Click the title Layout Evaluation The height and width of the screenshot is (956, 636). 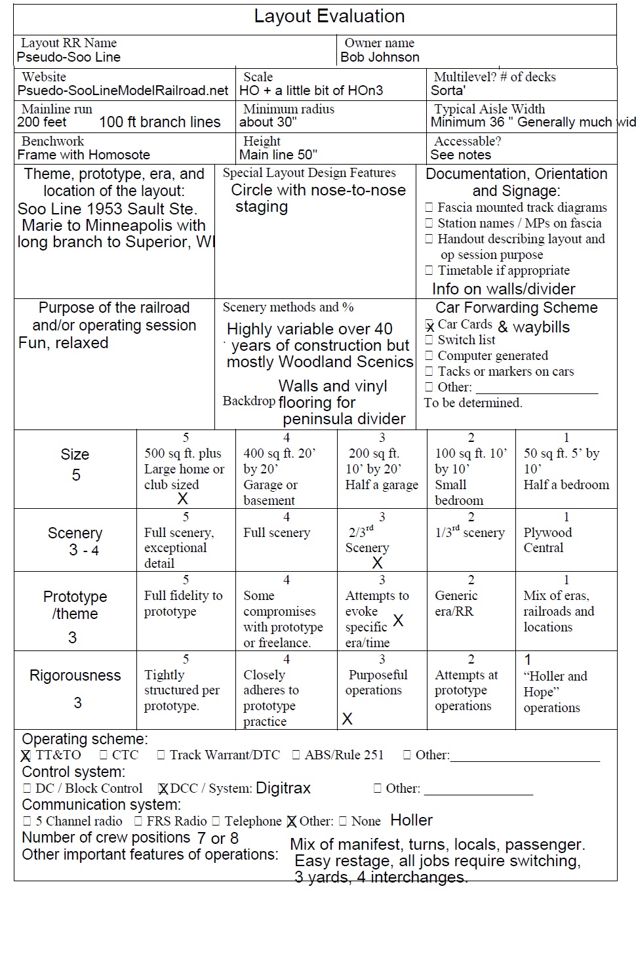[x=329, y=16]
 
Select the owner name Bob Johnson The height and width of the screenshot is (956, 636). [x=380, y=57]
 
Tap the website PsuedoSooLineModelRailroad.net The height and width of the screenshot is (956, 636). [x=123, y=90]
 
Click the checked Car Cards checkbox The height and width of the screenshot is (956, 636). [x=429, y=325]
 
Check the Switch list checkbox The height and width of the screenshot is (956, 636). [x=429, y=340]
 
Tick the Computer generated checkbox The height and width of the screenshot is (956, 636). [x=429, y=355]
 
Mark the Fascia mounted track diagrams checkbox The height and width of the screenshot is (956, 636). [x=429, y=207]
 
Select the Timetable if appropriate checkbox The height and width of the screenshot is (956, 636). [x=429, y=270]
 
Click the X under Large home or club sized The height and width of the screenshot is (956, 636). [x=183, y=498]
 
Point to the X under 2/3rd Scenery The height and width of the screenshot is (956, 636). [x=377, y=563]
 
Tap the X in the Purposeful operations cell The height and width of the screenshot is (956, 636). [x=348, y=719]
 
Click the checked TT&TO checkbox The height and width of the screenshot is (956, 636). [x=26, y=755]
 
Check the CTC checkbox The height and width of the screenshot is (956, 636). [x=104, y=755]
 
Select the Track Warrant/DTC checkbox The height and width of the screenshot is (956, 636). [x=161, y=755]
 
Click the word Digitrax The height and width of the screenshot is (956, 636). [x=283, y=788]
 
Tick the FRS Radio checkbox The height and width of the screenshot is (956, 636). [x=138, y=821]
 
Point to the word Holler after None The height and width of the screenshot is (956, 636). [x=411, y=820]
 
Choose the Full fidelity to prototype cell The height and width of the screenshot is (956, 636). [x=183, y=603]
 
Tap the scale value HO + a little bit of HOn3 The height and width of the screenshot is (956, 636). [x=311, y=90]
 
